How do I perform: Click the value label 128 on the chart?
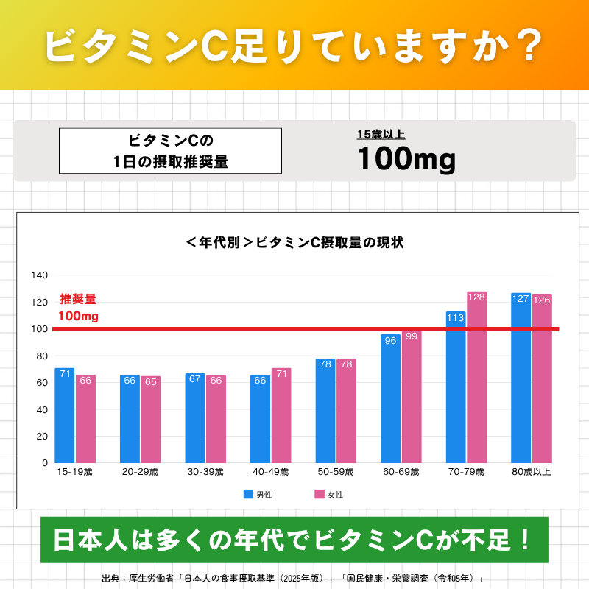click(476, 297)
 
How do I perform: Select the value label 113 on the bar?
click(456, 317)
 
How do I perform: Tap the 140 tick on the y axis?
click(40, 275)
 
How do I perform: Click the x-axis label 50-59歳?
click(335, 472)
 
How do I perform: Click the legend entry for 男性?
click(258, 495)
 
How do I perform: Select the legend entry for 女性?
click(329, 495)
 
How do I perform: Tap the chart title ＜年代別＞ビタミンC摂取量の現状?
click(294, 242)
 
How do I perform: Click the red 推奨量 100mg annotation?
click(78, 308)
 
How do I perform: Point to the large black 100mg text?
click(406, 159)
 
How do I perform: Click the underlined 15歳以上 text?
click(381, 134)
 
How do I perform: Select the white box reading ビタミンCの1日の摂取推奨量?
click(170, 151)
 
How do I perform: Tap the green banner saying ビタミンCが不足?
click(294, 540)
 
